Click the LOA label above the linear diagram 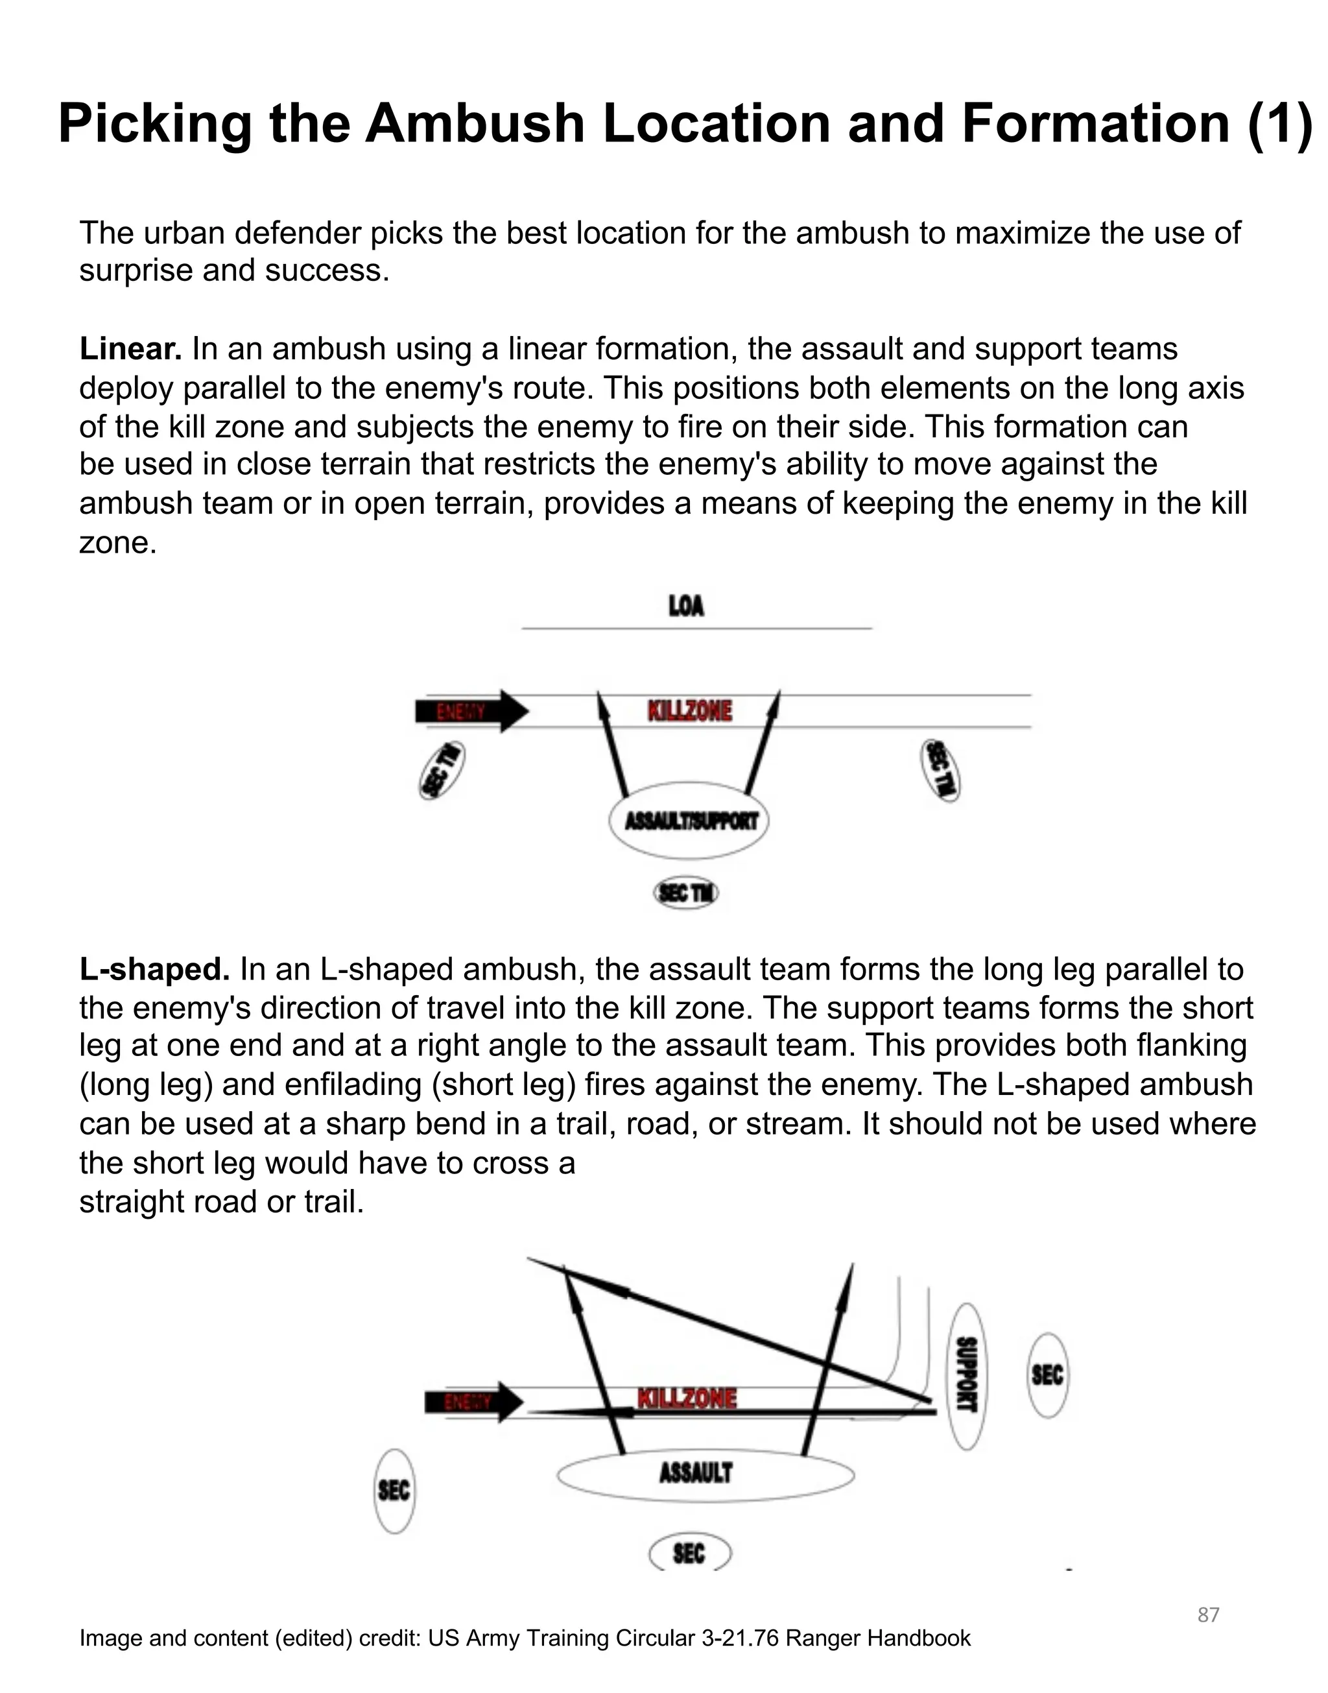pyautogui.click(x=686, y=606)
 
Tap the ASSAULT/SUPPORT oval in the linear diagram pyautogui.click(x=689, y=821)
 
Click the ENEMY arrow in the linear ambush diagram pyautogui.click(x=471, y=711)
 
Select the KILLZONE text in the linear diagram pyautogui.click(x=690, y=711)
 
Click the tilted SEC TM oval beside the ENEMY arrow pyautogui.click(x=442, y=771)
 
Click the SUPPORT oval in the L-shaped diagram pyautogui.click(x=966, y=1376)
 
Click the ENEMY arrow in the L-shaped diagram pyautogui.click(x=473, y=1402)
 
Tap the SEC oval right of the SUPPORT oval pyautogui.click(x=1047, y=1375)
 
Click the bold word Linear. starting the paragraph pyautogui.click(x=130, y=349)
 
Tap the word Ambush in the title pyautogui.click(x=474, y=124)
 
